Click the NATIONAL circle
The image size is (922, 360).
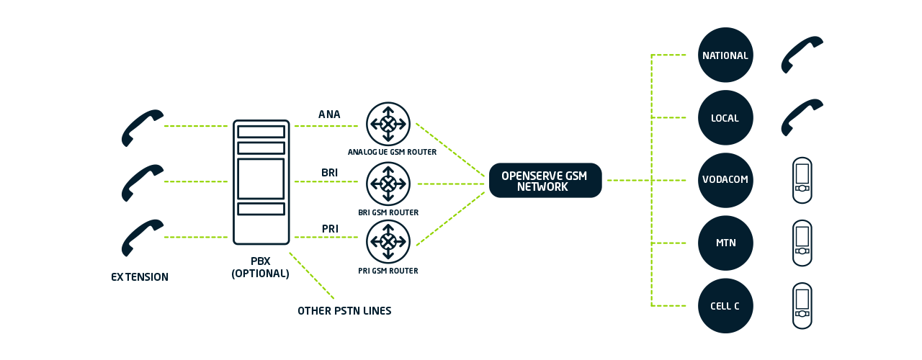(x=725, y=55)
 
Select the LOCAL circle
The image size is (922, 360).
(x=725, y=118)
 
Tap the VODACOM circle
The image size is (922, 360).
(x=725, y=181)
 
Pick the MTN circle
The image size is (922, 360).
(x=725, y=243)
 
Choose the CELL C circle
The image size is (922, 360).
(x=725, y=306)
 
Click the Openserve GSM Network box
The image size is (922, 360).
(x=545, y=181)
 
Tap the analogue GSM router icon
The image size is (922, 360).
(x=388, y=124)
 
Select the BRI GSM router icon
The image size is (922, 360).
(x=388, y=184)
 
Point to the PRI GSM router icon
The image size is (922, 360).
(x=388, y=242)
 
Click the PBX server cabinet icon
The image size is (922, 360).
(x=261, y=182)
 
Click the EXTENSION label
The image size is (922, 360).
(x=140, y=277)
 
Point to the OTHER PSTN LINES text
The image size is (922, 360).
(x=344, y=311)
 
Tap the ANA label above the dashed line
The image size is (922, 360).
(x=329, y=114)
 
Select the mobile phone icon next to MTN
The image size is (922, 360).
(x=802, y=243)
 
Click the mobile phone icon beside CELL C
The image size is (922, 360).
(x=802, y=306)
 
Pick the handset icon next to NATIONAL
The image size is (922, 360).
(x=802, y=55)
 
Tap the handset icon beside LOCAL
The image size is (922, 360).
(x=802, y=117)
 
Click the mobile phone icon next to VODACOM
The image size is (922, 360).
(x=802, y=181)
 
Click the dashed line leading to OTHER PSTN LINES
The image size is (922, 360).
(x=312, y=276)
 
